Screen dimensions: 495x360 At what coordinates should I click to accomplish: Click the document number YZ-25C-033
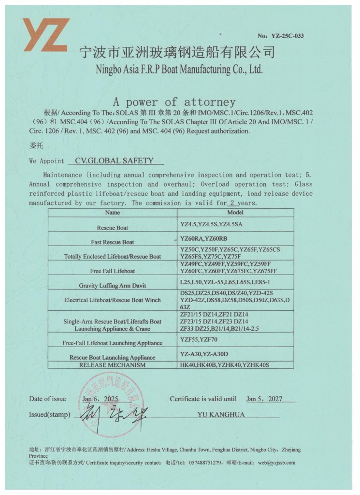pyautogui.click(x=288, y=36)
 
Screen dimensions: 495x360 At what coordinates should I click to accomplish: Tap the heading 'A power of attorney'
pyautogui.click(x=174, y=102)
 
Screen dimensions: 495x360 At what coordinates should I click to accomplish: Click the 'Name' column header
pyautogui.click(x=112, y=212)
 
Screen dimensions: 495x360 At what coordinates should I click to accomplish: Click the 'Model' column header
pyautogui.click(x=235, y=212)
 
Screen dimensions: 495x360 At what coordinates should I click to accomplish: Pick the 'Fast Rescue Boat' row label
pyautogui.click(x=113, y=242)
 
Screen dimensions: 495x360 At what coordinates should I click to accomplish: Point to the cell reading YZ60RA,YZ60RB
pyautogui.click(x=203, y=239)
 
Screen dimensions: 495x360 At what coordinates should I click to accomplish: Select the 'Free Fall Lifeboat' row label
pyautogui.click(x=113, y=271)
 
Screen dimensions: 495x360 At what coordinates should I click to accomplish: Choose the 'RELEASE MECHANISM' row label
pyautogui.click(x=113, y=365)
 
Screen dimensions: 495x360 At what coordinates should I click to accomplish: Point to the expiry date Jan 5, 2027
pyautogui.click(x=264, y=399)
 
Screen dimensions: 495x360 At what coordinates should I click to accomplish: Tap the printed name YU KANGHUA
pyautogui.click(x=221, y=414)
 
